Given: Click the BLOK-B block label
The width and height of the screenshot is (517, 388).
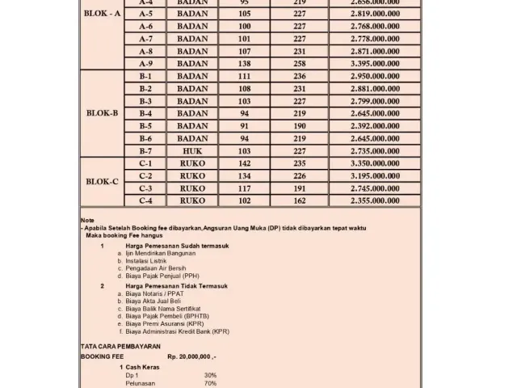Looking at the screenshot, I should coord(102,113).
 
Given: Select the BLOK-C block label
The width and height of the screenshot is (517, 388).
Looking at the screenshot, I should coord(102,182).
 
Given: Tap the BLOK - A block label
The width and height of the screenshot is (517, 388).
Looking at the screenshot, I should coord(102,14).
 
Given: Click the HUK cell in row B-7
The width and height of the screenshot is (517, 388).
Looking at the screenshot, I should coord(192,150).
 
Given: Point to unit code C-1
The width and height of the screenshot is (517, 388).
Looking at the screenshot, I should coord(145,163).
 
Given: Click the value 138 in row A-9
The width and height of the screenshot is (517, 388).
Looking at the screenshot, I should coord(244,63).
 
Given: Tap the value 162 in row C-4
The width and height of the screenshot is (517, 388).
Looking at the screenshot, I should coord(300,200).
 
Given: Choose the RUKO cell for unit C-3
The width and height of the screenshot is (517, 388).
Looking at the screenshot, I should coord(192,188).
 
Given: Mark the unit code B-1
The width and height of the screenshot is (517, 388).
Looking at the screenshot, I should coord(145,76).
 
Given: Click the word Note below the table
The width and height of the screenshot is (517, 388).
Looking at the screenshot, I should coord(87,221).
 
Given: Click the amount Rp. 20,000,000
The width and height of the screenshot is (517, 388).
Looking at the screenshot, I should coord(191,356).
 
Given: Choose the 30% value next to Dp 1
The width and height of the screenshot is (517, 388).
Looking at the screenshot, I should coord(210,375).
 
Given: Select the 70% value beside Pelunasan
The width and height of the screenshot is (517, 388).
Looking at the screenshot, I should coord(210,383).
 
